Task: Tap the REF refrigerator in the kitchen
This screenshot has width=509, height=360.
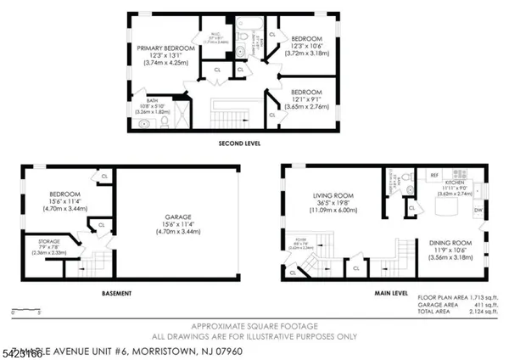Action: (433, 175)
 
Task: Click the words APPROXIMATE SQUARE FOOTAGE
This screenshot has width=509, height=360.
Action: (254, 326)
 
